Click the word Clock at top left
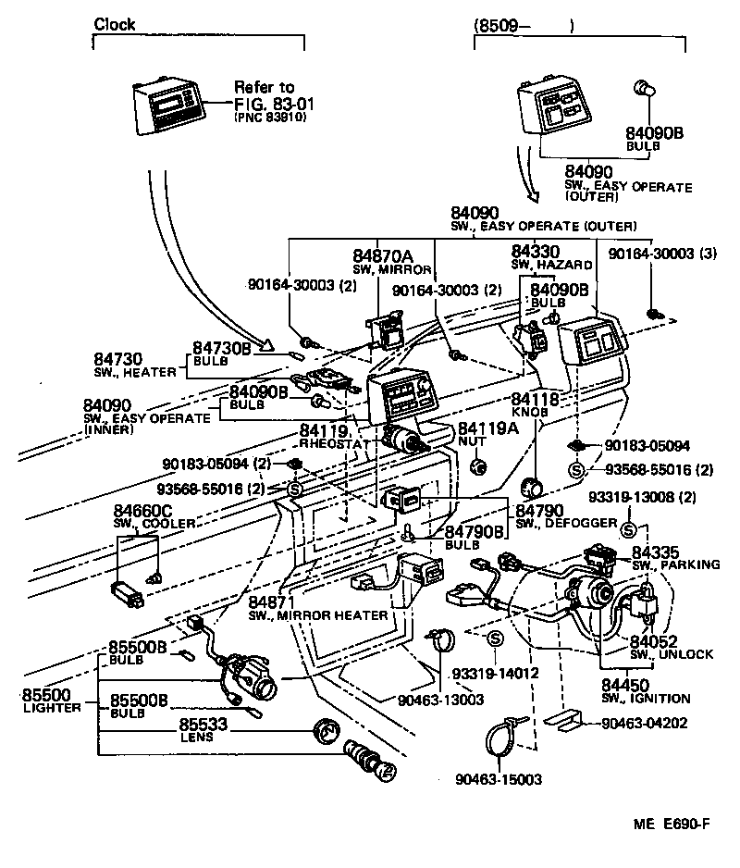115,25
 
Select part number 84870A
382,255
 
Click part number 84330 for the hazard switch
536,251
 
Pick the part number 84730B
222,348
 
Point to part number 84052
655,640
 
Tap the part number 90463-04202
644,724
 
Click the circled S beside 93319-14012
494,639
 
